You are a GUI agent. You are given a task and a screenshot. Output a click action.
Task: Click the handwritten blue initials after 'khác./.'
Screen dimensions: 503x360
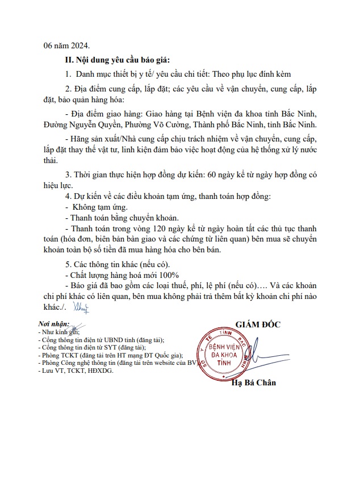tap(81, 307)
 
